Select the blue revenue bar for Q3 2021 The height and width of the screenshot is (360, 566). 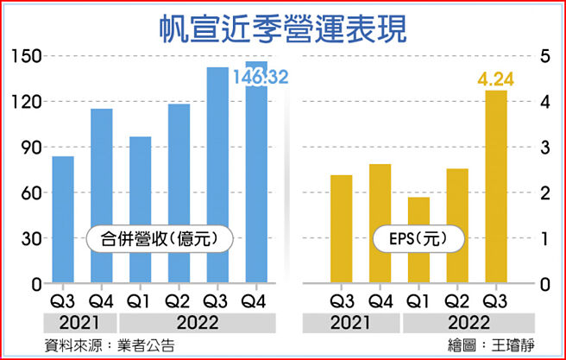click(63, 220)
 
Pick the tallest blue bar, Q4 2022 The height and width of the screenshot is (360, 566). click(256, 173)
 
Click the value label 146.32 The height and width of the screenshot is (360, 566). click(260, 79)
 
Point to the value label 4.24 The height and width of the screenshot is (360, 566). click(496, 81)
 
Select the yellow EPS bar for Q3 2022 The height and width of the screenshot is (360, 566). click(496, 186)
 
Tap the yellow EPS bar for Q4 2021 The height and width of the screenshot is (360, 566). click(380, 224)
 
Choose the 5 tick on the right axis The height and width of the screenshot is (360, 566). click(545, 57)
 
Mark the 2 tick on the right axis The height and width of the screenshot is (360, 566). click(545, 193)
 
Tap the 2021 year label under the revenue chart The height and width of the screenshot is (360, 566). click(83, 323)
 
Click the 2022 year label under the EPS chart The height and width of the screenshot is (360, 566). click(457, 323)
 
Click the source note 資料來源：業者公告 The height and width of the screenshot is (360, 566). click(110, 344)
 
